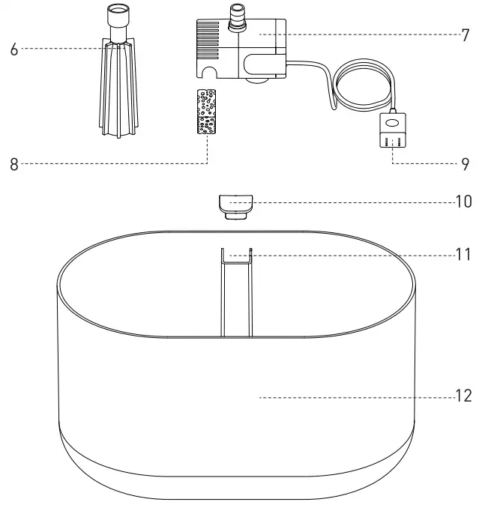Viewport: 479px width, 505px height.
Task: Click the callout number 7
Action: point(465,34)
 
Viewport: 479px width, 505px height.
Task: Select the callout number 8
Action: point(13,163)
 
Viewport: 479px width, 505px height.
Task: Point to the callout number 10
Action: point(463,201)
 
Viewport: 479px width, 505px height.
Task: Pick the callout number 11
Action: point(463,255)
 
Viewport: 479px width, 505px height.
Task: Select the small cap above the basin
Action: point(235,205)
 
